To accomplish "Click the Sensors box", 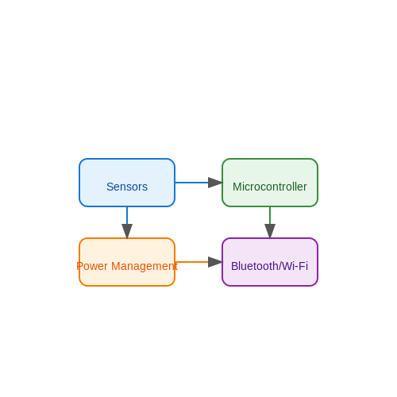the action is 127,183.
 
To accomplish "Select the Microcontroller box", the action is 270,183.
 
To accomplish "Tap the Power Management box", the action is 127,262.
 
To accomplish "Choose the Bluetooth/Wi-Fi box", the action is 270,262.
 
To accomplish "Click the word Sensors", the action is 127,187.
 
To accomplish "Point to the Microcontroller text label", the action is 270,187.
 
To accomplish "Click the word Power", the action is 92,266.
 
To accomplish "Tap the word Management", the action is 145,267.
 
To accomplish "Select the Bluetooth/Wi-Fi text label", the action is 270,266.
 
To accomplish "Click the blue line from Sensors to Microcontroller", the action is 192,183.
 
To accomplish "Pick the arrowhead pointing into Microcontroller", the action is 215,183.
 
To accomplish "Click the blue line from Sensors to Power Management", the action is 127,215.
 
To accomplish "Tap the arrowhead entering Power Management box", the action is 127,231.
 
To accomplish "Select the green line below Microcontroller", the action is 270,215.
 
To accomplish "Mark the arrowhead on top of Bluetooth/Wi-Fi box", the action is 270,231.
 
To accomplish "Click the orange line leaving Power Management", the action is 192,262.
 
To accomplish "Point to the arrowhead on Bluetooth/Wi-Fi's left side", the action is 215,262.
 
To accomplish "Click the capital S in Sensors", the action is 110,187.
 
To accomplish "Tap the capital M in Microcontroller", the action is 237,187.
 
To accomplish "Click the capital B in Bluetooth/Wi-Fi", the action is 235,266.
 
